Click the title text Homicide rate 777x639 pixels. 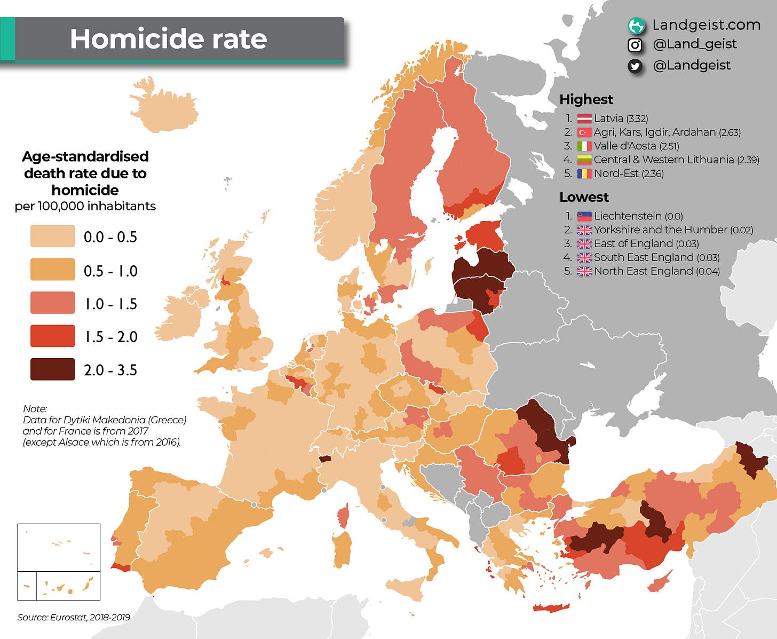pyautogui.click(x=168, y=39)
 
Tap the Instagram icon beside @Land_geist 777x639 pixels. pyautogui.click(x=635, y=45)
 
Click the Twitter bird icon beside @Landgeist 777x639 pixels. pyautogui.click(x=635, y=66)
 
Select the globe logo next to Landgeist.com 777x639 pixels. pyautogui.click(x=636, y=25)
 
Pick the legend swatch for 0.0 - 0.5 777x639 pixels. pyautogui.click(x=52, y=236)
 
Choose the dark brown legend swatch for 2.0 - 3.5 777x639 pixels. pyautogui.click(x=52, y=369)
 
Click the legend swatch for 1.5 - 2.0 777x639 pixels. pyautogui.click(x=52, y=336)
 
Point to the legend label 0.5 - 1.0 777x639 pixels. pyautogui.click(x=110, y=271)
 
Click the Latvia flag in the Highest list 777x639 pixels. pyautogui.click(x=584, y=119)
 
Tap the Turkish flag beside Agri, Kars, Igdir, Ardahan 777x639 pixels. pyautogui.click(x=584, y=132)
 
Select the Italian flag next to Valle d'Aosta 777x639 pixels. pyautogui.click(x=584, y=146)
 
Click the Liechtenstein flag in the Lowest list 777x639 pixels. pyautogui.click(x=584, y=216)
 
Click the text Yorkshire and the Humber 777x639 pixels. pyautogui.click(x=660, y=230)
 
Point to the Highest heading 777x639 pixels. pyautogui.click(x=586, y=99)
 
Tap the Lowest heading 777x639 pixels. pyautogui.click(x=583, y=197)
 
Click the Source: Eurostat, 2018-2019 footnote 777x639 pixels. pyautogui.click(x=74, y=617)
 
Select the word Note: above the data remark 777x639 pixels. pyautogui.click(x=35, y=409)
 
